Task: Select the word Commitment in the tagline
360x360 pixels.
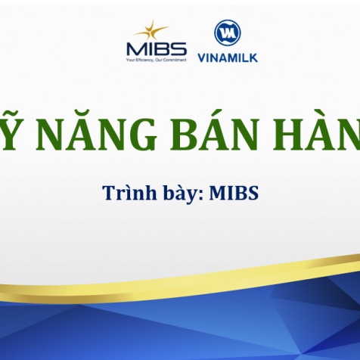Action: pyautogui.click(x=172, y=61)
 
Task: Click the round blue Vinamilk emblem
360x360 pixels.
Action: pyautogui.click(x=226, y=34)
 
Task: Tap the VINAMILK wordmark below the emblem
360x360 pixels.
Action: pyautogui.click(x=227, y=57)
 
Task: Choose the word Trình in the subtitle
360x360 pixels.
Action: pyautogui.click(x=123, y=193)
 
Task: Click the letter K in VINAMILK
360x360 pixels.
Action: pyautogui.click(x=253, y=57)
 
